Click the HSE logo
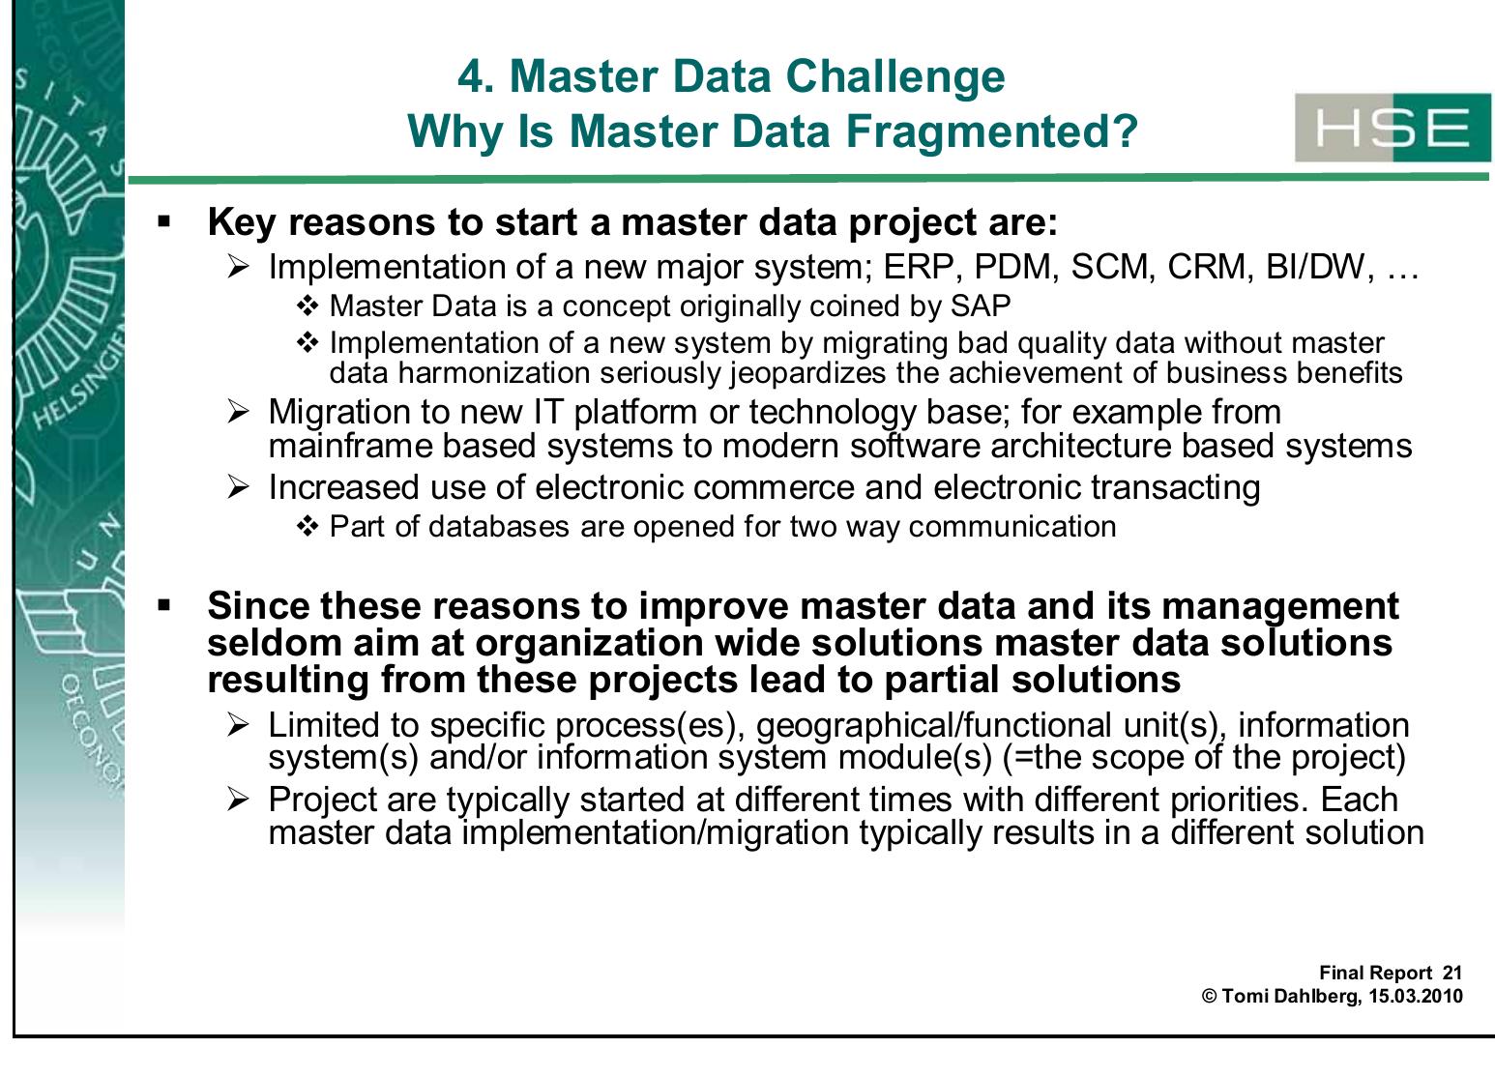click(x=1392, y=129)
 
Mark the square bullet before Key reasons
click(x=163, y=222)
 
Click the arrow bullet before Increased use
click(x=239, y=487)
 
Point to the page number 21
click(x=1451, y=974)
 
